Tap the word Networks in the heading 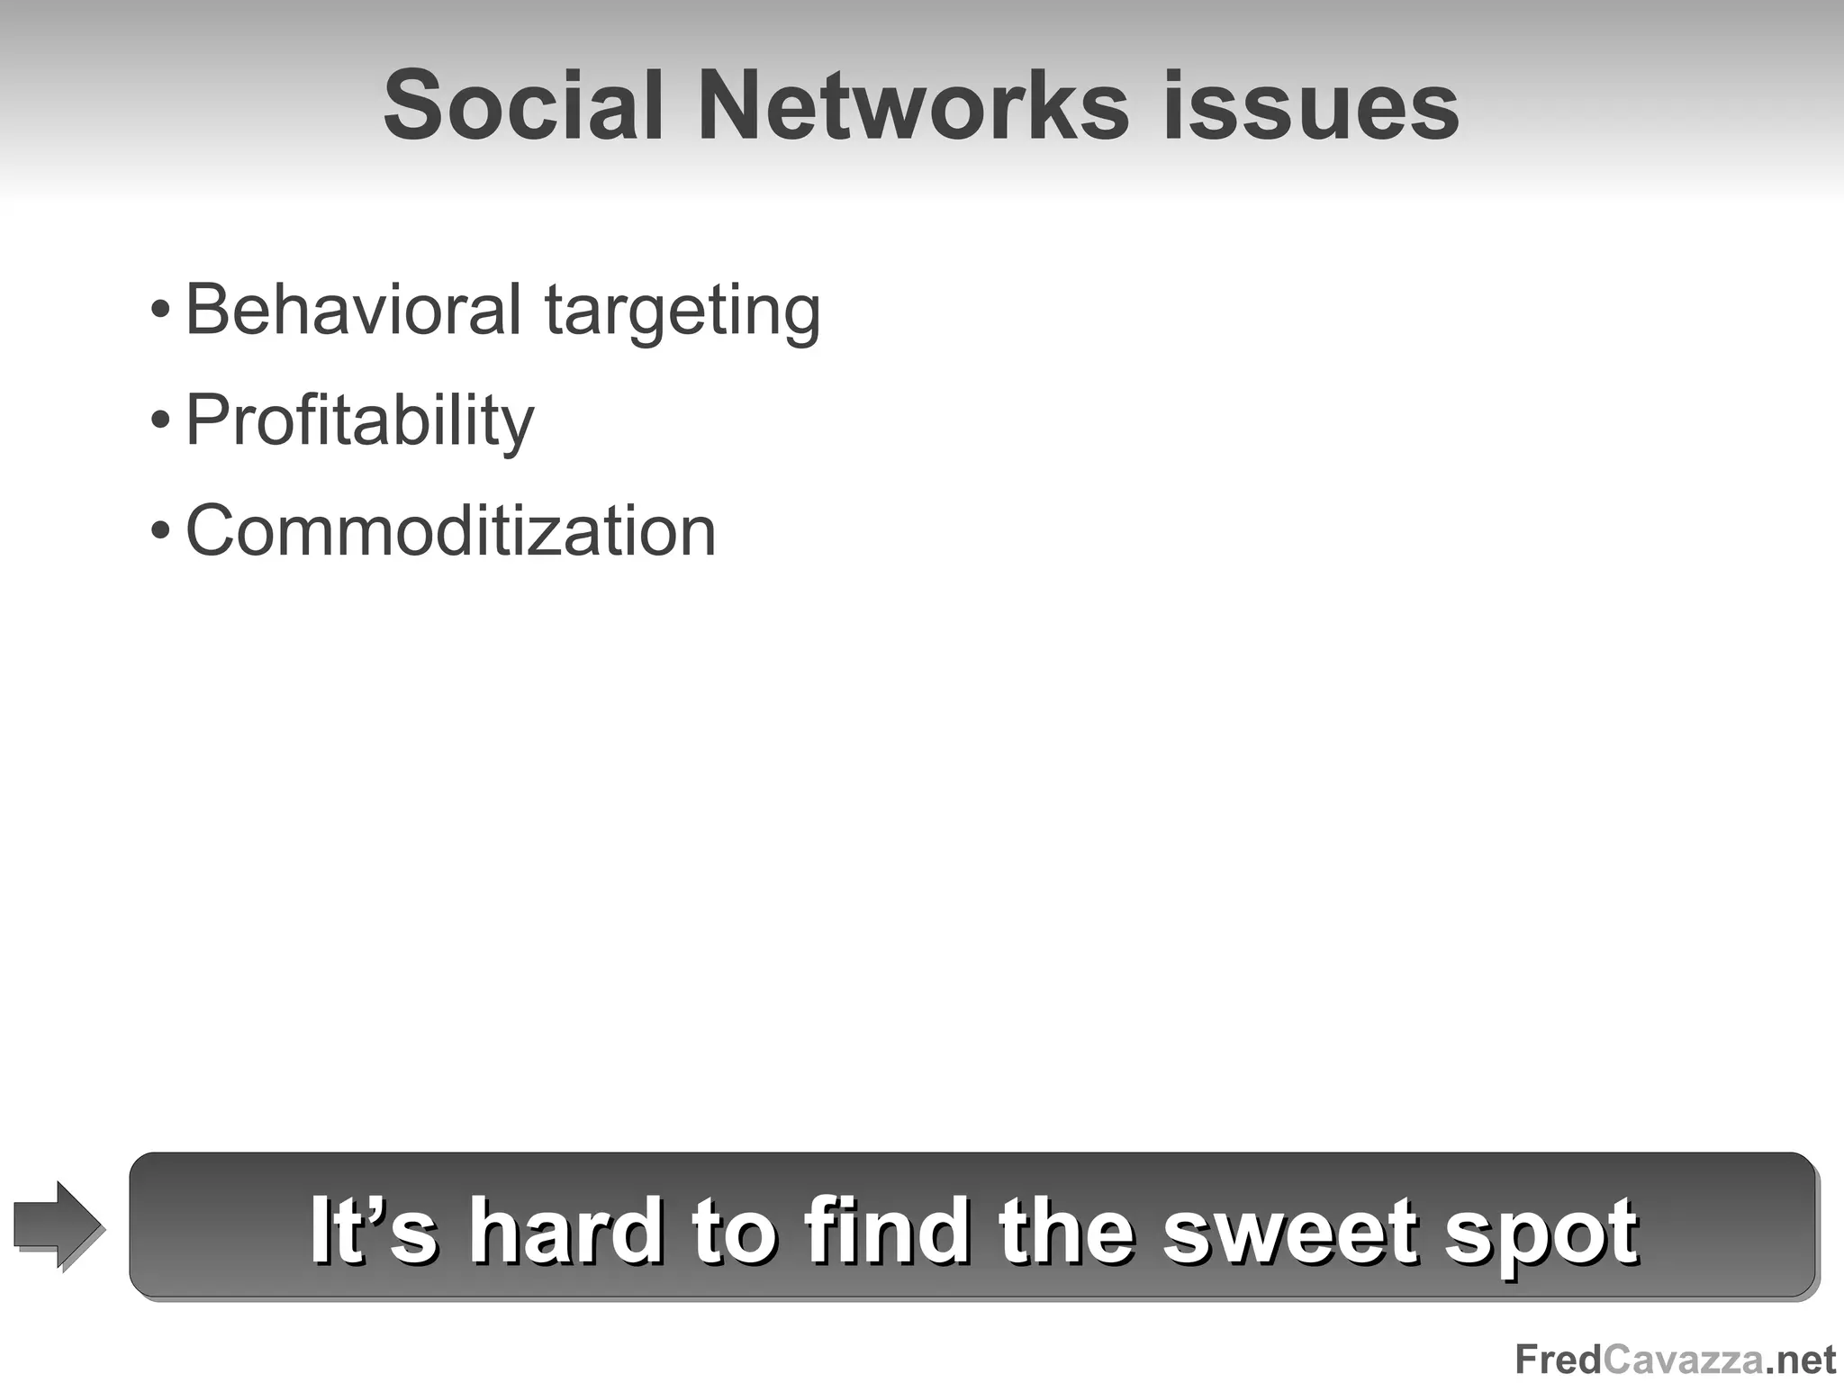pos(912,105)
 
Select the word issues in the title pos(1311,105)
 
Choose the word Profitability pos(359,421)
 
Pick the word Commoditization pos(450,530)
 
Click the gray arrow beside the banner pos(58,1225)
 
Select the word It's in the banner pos(374,1230)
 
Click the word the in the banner pos(1066,1230)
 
